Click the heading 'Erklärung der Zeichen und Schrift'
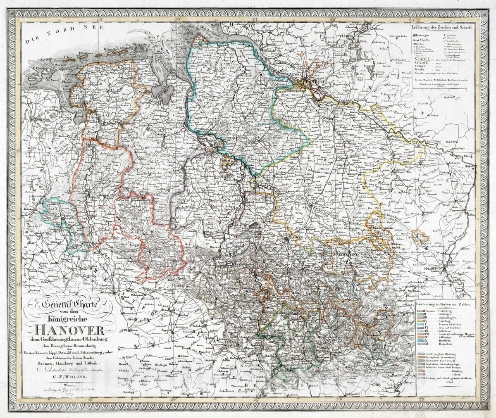click(444, 27)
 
